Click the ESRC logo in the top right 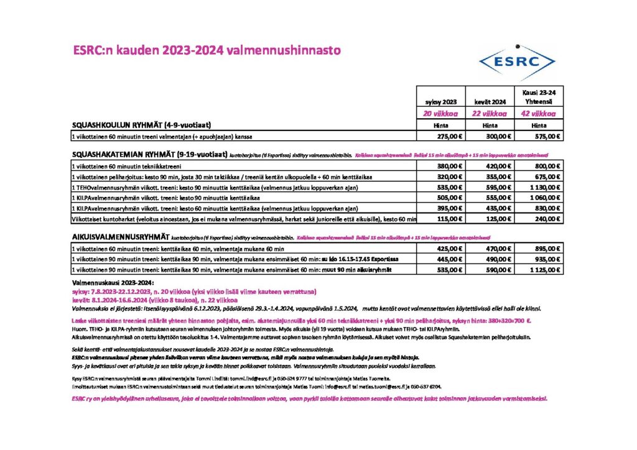point(516,61)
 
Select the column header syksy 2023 point(440,101)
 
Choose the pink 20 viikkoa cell point(440,114)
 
